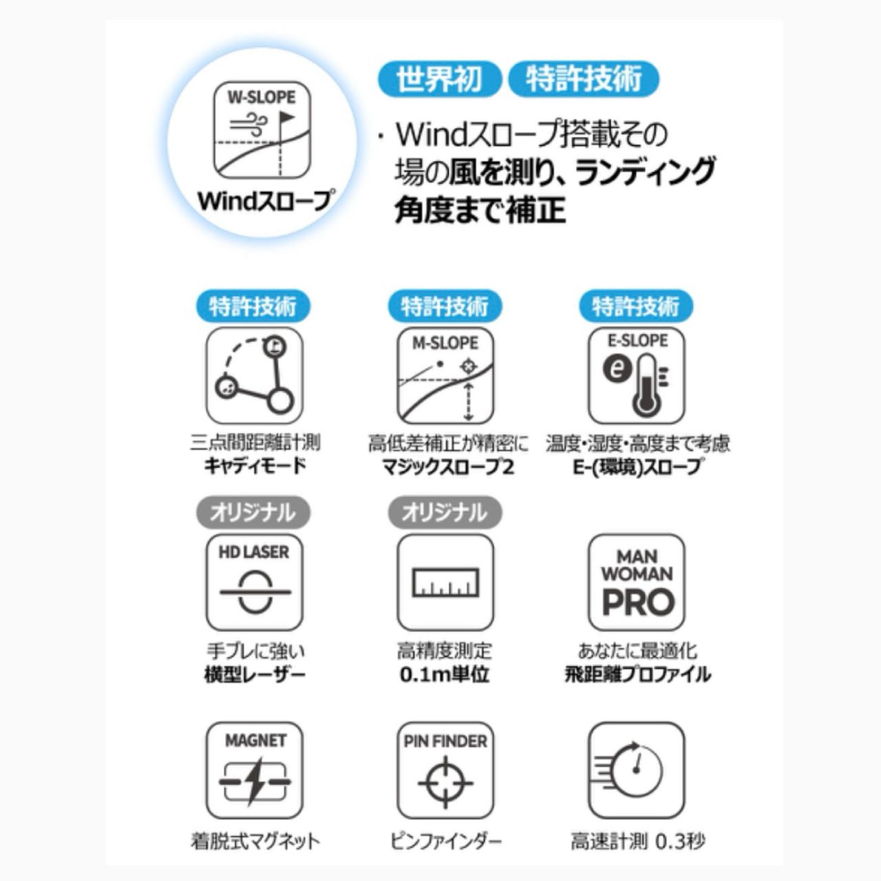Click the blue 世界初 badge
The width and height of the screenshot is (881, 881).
coord(439,78)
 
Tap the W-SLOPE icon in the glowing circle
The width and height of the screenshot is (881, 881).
coord(262,130)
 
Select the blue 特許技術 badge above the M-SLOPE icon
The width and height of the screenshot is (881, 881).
coord(445,306)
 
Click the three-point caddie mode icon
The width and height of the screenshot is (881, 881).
coord(254,376)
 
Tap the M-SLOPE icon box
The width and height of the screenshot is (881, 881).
coord(445,376)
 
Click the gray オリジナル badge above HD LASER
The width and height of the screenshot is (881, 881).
coord(253,513)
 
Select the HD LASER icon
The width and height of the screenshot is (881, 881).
coord(254,582)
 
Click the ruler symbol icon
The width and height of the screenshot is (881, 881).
coord(445,582)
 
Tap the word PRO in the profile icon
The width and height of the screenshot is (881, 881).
coord(638,602)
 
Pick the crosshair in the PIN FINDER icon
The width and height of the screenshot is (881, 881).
coord(445,783)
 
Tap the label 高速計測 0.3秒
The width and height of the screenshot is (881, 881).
coord(638,841)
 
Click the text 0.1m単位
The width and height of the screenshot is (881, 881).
coord(445,675)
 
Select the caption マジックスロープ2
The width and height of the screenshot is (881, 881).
coord(448,467)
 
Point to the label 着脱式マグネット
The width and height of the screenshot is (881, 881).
coord(255,841)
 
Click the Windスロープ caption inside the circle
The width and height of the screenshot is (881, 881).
coord(264,201)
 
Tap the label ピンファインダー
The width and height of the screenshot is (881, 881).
coord(446,841)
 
